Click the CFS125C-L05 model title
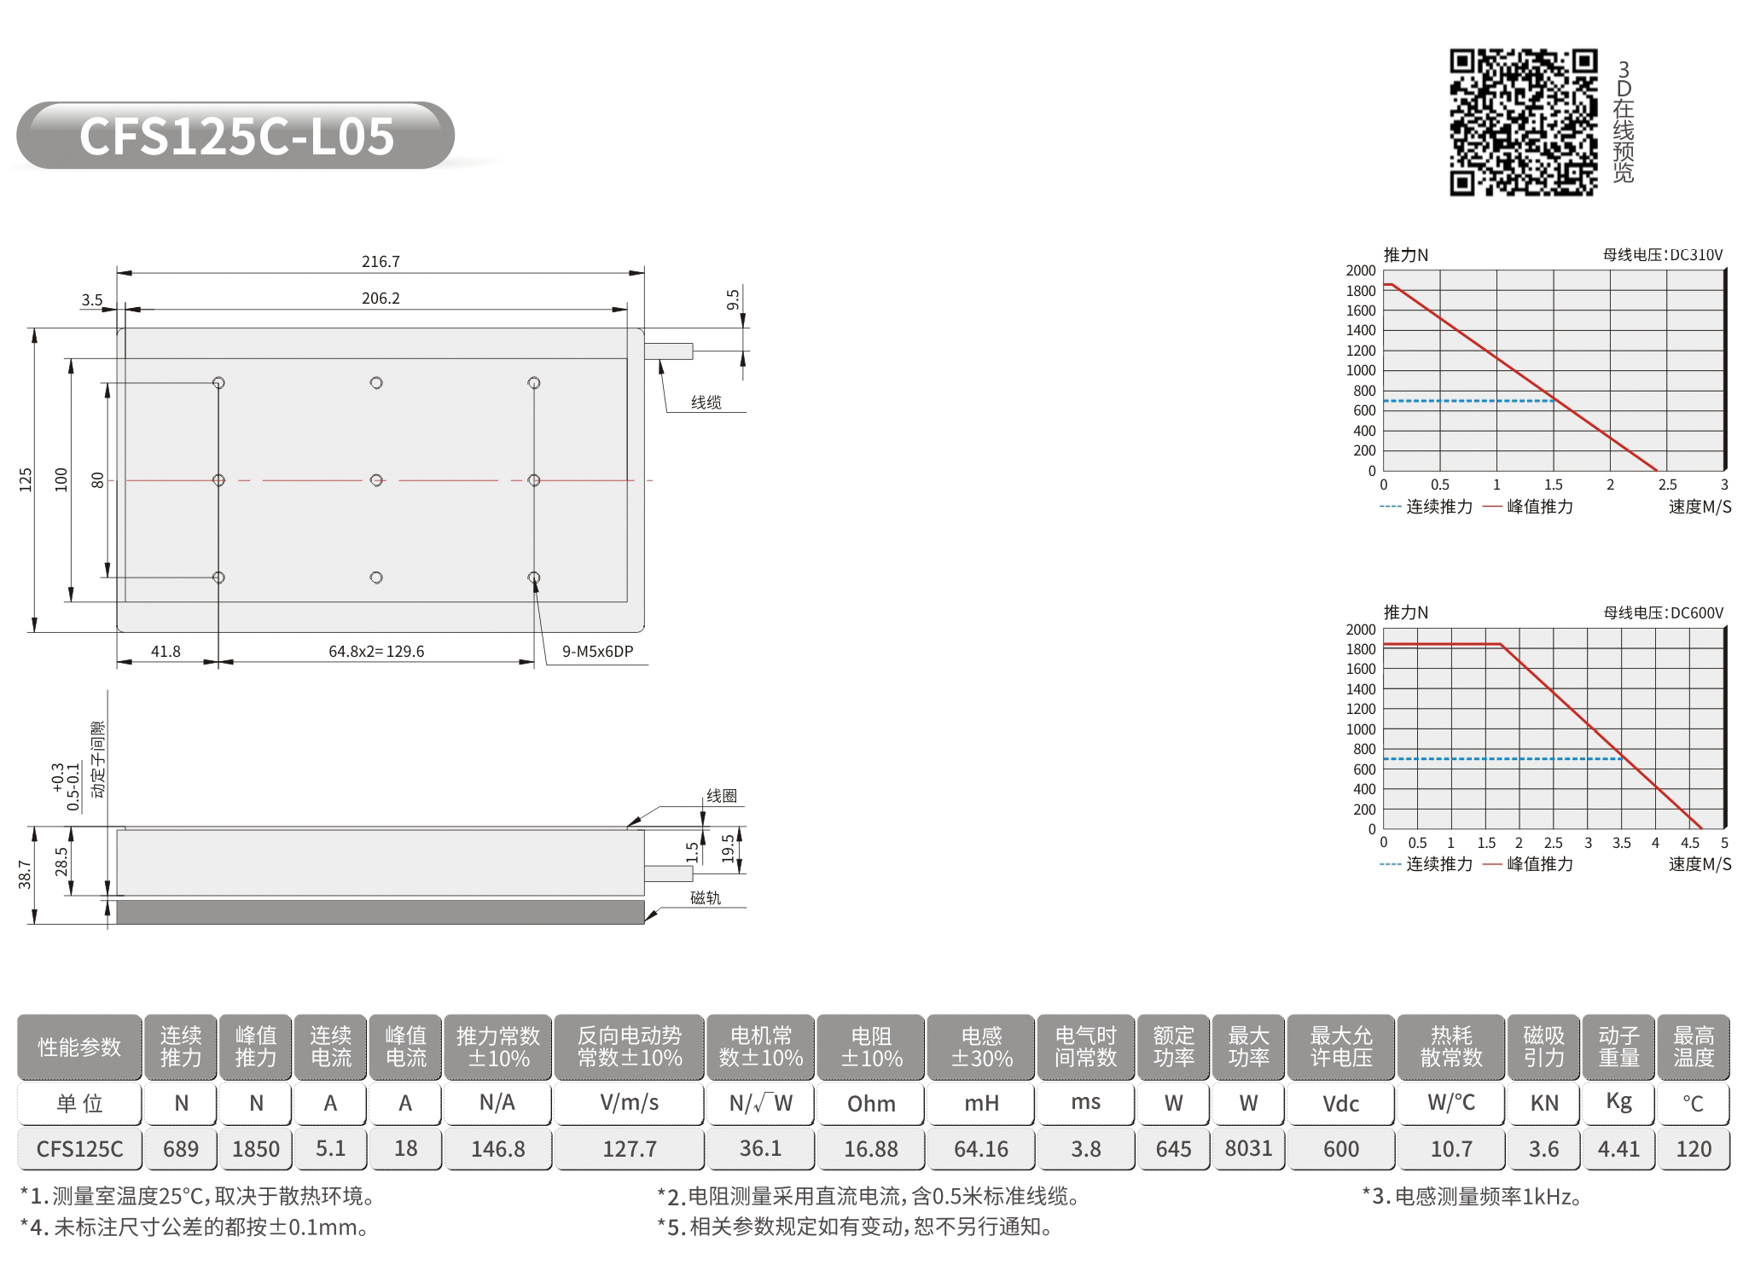(x=236, y=136)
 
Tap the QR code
(x=1524, y=122)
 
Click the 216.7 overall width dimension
(x=381, y=261)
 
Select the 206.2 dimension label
(x=381, y=298)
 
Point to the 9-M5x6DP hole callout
(x=597, y=651)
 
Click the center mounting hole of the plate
(x=376, y=480)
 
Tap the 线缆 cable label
(x=706, y=402)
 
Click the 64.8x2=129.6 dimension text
(x=376, y=651)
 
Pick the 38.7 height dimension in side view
(x=25, y=874)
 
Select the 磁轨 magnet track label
(x=706, y=897)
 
